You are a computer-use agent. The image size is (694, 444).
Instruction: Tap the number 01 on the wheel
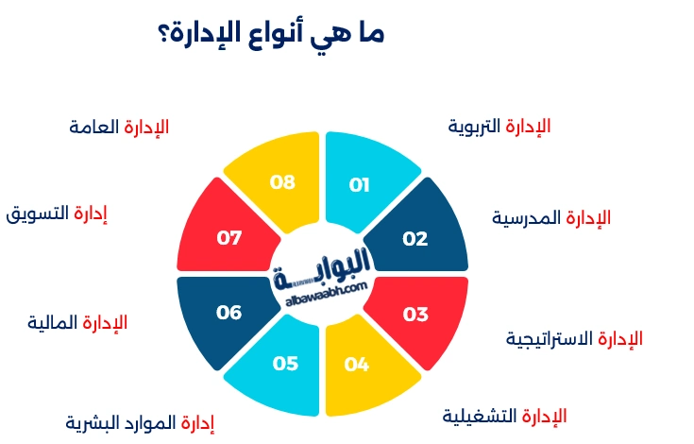[x=359, y=184]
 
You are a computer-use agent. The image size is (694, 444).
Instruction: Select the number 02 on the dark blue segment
[x=415, y=239]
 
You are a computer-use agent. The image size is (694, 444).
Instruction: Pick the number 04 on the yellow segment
[x=357, y=364]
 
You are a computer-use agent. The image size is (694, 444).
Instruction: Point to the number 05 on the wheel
[x=285, y=364]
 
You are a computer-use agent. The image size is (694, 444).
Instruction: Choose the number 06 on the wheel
[x=229, y=312]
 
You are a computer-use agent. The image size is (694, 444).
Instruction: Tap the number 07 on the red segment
[x=229, y=238]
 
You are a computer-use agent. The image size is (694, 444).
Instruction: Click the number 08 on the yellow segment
[x=283, y=182]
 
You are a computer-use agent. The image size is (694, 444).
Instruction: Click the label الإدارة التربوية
[x=499, y=126]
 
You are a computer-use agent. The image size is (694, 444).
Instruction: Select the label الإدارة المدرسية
[x=551, y=218]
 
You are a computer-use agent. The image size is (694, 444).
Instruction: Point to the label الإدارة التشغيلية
[x=505, y=416]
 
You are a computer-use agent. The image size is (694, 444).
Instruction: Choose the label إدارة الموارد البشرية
[x=141, y=422]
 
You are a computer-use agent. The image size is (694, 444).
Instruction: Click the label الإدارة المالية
[x=77, y=323]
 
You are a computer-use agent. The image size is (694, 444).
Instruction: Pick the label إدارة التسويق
[x=57, y=213]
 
